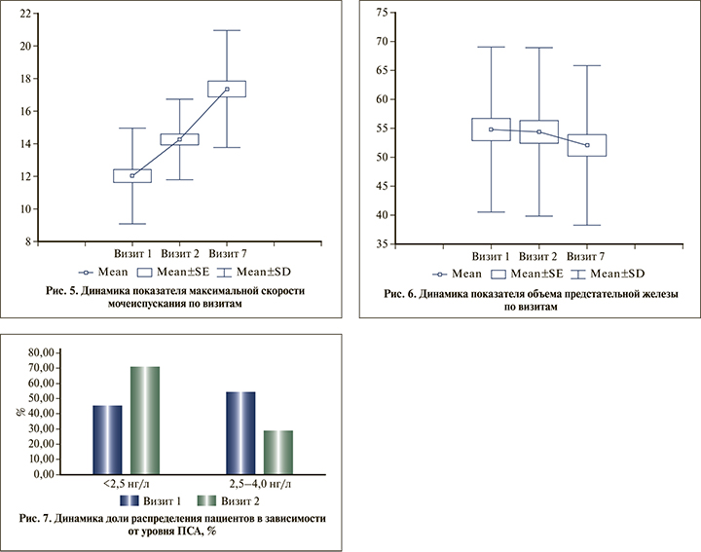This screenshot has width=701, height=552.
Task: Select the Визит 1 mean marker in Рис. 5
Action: [x=131, y=175]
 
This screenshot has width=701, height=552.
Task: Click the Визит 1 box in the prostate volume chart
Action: [x=492, y=129]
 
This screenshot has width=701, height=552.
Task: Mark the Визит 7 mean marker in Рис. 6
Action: [x=587, y=145]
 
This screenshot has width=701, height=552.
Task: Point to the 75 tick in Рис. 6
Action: [x=381, y=13]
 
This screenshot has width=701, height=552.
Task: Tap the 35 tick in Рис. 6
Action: [x=381, y=244]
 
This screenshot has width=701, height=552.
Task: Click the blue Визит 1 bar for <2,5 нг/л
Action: [x=108, y=439]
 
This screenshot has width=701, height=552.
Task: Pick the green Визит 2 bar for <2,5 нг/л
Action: [x=144, y=420]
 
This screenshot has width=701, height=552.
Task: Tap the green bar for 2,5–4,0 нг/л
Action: [x=277, y=452]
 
